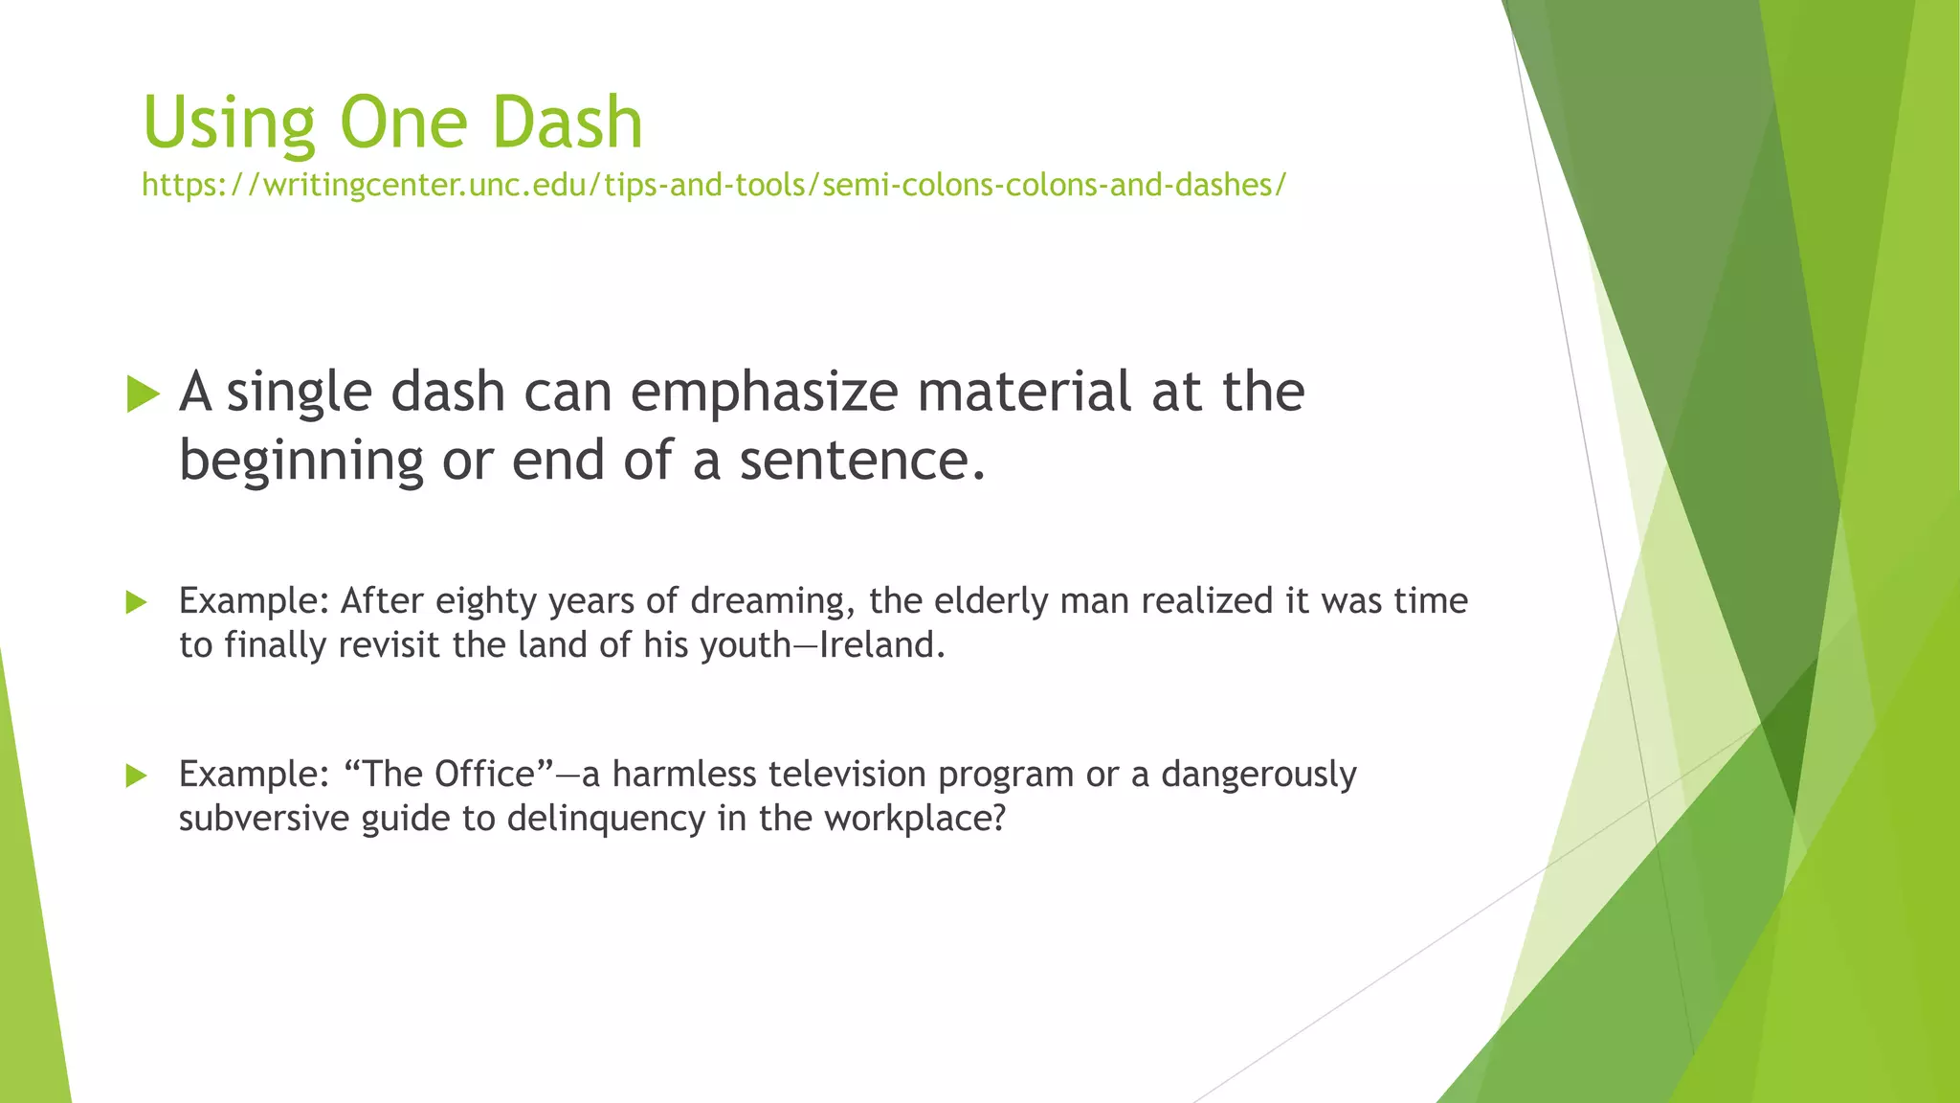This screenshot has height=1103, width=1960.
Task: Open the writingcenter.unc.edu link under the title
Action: coord(713,184)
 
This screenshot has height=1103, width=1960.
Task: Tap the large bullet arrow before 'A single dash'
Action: coord(143,394)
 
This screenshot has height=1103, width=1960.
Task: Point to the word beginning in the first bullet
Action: coord(301,461)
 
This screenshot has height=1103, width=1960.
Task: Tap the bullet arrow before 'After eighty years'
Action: coord(136,602)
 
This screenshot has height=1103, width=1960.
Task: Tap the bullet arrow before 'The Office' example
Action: coord(136,776)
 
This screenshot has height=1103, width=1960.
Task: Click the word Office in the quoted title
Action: coord(483,774)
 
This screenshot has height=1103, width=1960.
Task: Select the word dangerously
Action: coord(1258,775)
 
